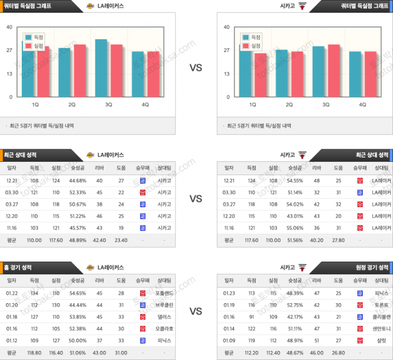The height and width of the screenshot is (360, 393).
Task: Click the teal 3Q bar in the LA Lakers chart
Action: [x=101, y=69]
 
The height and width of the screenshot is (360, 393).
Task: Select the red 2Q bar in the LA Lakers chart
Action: [x=79, y=71]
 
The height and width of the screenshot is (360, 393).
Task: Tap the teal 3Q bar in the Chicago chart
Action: [x=318, y=72]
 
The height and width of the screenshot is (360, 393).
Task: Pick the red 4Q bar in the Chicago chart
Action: [x=370, y=75]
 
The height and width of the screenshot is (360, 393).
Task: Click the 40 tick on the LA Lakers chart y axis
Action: [x=8, y=27]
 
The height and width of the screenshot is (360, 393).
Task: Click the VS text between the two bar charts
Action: [x=196, y=68]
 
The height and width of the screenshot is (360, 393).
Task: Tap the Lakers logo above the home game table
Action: [x=91, y=267]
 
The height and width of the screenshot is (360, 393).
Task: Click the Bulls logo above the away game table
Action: [x=302, y=267]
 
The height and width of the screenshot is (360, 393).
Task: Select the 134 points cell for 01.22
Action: [x=34, y=293]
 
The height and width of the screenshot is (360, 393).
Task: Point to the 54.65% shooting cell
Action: [x=77, y=293]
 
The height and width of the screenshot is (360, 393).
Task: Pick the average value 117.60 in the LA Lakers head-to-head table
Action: [x=56, y=240]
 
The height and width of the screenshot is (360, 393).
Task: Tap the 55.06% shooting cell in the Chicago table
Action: [x=294, y=228]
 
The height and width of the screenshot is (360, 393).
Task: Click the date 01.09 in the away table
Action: [x=229, y=341]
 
